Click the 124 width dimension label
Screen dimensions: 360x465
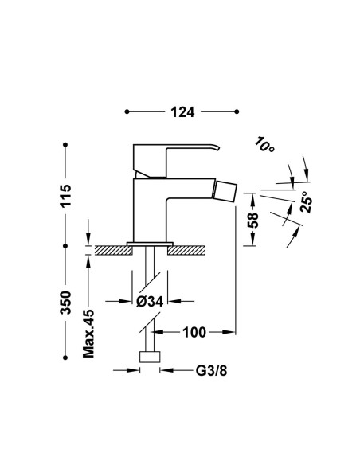pyautogui.click(x=182, y=112)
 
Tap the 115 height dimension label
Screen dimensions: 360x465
pyautogui.click(x=65, y=196)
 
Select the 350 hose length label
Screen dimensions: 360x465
pyautogui.click(x=65, y=303)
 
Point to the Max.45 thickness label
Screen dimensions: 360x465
pyautogui.click(x=88, y=334)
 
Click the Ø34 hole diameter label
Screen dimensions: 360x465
pyautogui.click(x=150, y=302)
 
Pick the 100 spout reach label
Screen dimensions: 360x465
pyautogui.click(x=194, y=333)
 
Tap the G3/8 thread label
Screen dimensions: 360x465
pyautogui.click(x=211, y=371)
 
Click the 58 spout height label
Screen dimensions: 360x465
pyautogui.click(x=253, y=220)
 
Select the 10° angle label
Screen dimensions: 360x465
pyautogui.click(x=264, y=144)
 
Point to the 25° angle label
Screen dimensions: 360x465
pyautogui.click(x=307, y=201)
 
